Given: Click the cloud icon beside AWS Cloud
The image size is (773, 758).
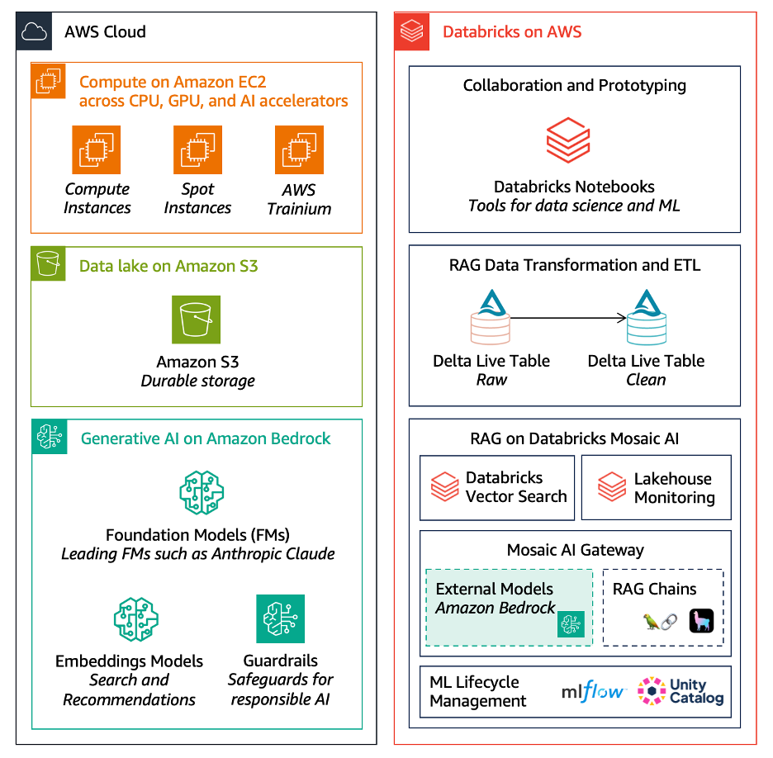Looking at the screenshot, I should click(x=34, y=32).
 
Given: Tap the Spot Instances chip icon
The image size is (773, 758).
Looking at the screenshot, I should click(x=197, y=149).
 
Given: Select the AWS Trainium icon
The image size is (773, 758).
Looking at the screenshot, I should click(x=299, y=149).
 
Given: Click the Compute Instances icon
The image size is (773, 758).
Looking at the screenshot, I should click(x=97, y=149).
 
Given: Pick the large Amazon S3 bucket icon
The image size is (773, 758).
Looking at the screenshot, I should click(x=197, y=319).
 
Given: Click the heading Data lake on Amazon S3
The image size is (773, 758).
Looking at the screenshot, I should click(x=168, y=266).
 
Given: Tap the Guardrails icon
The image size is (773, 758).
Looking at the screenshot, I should click(x=280, y=618).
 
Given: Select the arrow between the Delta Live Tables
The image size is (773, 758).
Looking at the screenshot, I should click(x=571, y=317).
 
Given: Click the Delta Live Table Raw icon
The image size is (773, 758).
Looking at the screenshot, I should click(x=491, y=317).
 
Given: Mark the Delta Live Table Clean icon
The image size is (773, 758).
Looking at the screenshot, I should click(x=646, y=317).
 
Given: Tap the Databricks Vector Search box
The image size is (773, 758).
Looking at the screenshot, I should click(x=496, y=487).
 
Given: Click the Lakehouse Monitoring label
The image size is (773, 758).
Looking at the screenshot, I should click(x=674, y=488).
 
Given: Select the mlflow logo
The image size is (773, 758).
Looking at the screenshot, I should click(x=593, y=692).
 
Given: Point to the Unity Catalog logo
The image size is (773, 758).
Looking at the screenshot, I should click(x=681, y=691).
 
